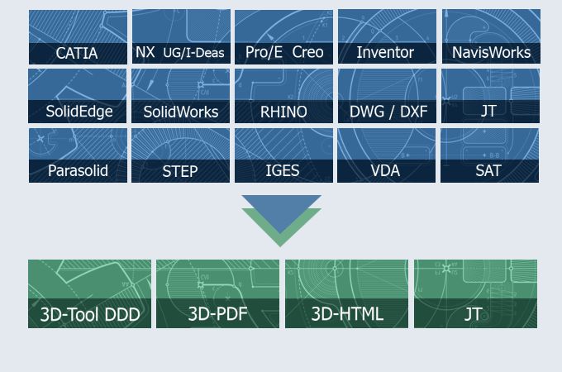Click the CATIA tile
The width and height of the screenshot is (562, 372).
78,37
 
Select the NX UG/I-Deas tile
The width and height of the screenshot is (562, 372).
181,37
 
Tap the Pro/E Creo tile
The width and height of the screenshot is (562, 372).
283,37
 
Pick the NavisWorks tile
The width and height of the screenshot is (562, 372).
490,37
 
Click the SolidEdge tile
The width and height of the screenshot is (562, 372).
78,96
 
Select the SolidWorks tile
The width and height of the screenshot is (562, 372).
181,96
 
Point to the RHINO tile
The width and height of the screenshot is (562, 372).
283,96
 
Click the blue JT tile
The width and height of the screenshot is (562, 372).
490,96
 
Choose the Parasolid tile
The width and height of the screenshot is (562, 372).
78,155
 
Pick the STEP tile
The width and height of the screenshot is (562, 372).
181,155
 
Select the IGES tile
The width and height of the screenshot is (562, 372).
283,155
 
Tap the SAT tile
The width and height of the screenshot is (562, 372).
490,155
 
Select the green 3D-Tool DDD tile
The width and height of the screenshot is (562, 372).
89,293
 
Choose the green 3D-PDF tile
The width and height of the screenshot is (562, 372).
218,293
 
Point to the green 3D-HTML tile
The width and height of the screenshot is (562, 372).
347,293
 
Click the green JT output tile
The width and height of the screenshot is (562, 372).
475,293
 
